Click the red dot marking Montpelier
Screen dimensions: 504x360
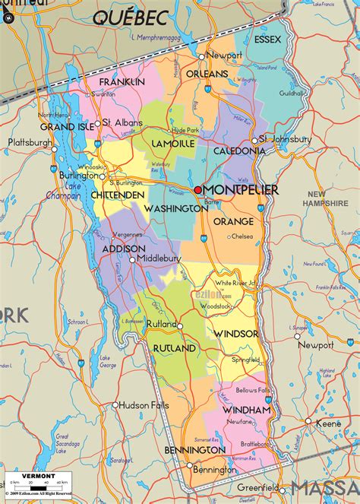pyautogui.click(x=197, y=189)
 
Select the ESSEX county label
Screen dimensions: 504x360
pyautogui.click(x=267, y=39)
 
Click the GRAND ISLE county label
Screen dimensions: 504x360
pyautogui.click(x=68, y=126)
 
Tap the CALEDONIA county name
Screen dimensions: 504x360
pyautogui.click(x=238, y=151)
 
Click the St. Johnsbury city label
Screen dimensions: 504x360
pyautogui.click(x=286, y=139)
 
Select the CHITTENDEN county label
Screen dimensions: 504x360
pyautogui.click(x=117, y=195)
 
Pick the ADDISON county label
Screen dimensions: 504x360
pyautogui.click(x=124, y=248)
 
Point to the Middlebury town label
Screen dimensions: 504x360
pyautogui.click(x=159, y=258)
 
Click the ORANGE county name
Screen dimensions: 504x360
pyautogui.click(x=233, y=221)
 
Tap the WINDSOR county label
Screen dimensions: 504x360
pyautogui.click(x=235, y=334)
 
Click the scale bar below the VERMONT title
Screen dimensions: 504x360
pyautogui.click(x=39, y=484)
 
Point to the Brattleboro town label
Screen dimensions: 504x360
pyautogui.click(x=253, y=443)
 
